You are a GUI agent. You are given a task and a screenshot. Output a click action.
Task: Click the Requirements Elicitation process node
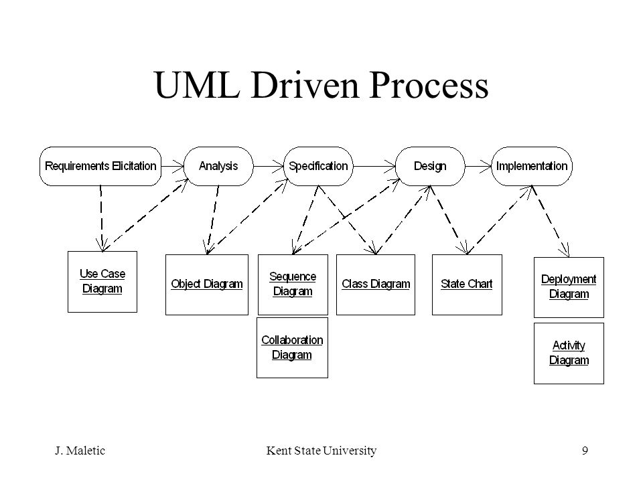tap(100, 167)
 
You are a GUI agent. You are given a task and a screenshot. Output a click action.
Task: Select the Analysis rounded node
tap(218, 167)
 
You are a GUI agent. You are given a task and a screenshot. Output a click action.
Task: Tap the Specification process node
tap(318, 167)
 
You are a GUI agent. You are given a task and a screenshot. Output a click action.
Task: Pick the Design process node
tap(430, 167)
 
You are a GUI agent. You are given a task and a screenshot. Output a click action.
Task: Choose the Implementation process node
tap(532, 167)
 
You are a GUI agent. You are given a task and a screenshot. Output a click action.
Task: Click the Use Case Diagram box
tap(102, 282)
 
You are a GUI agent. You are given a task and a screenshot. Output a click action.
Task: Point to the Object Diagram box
tap(207, 285)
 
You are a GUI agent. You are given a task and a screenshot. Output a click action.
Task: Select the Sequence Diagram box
tap(293, 285)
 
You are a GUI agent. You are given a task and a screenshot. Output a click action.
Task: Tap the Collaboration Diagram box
tap(293, 347)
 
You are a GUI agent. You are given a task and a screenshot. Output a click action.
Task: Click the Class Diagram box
tap(376, 285)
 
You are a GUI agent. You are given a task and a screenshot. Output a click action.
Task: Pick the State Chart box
tap(467, 285)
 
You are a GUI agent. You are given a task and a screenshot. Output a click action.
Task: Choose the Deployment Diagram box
tap(569, 287)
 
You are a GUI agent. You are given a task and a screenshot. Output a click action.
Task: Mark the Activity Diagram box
tap(569, 353)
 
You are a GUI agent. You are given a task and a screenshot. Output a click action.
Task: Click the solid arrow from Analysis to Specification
tap(269, 167)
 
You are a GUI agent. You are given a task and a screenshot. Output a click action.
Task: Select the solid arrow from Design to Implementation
tap(478, 167)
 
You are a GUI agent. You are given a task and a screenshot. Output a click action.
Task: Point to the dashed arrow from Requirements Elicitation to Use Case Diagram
tap(101, 218)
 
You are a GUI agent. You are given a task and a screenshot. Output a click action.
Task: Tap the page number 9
tap(585, 451)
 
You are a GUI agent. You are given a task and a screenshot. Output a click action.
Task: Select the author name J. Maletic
tap(80, 451)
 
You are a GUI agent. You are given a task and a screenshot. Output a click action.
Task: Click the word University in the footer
tap(350, 451)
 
